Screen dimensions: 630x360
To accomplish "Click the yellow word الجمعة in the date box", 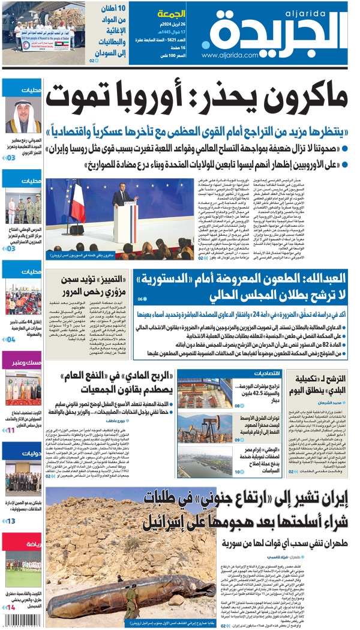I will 170,13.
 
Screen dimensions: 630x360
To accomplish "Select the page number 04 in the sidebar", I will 11,339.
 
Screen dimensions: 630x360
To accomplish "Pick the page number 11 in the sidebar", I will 11,430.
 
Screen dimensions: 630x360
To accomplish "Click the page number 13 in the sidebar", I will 11,521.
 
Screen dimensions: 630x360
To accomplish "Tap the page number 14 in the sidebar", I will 11,608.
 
